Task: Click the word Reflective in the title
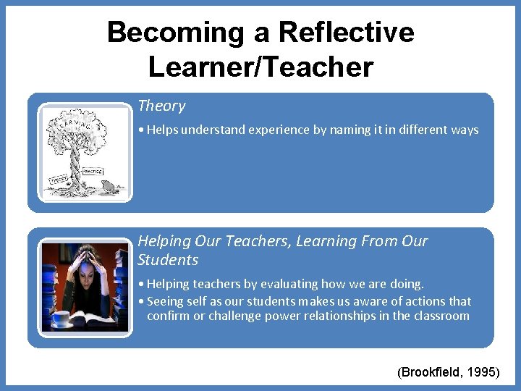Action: pos(346,33)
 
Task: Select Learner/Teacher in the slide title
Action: pos(260,67)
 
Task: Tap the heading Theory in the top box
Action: pos(161,106)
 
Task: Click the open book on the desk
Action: pos(90,316)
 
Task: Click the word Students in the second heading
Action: pos(168,260)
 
